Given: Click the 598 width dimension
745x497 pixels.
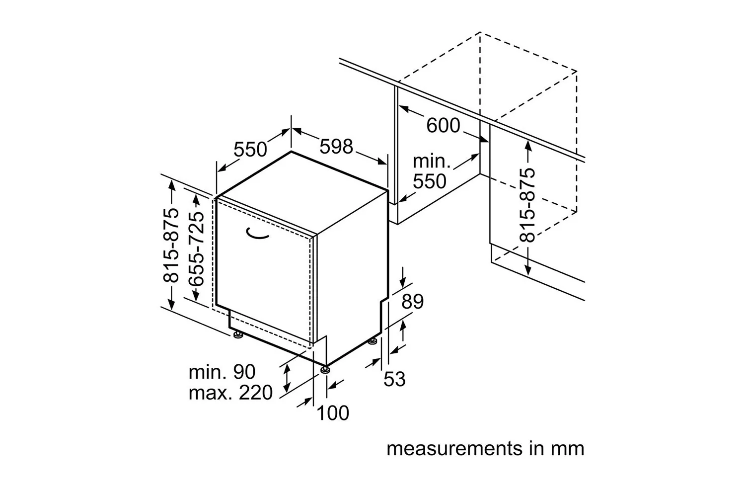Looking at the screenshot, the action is [x=336, y=147].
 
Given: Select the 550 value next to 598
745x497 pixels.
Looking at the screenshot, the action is [x=250, y=149].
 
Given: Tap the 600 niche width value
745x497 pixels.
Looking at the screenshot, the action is [x=443, y=126].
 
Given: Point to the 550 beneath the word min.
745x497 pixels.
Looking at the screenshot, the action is [x=430, y=181].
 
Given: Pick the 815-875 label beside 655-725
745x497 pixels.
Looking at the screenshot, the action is [x=171, y=246].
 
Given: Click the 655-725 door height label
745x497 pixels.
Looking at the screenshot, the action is [x=196, y=249].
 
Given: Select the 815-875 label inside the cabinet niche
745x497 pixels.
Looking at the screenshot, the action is [x=527, y=205].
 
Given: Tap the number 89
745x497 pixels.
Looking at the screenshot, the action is [x=412, y=302].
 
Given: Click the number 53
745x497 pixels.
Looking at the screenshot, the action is [x=394, y=379].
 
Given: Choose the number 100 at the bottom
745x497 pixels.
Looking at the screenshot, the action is [x=333, y=413].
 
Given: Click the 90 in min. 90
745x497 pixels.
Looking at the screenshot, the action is [x=244, y=372].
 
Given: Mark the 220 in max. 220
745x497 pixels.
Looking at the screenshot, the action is [x=256, y=393].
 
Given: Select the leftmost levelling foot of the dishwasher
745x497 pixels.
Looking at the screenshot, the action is [x=238, y=334].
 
